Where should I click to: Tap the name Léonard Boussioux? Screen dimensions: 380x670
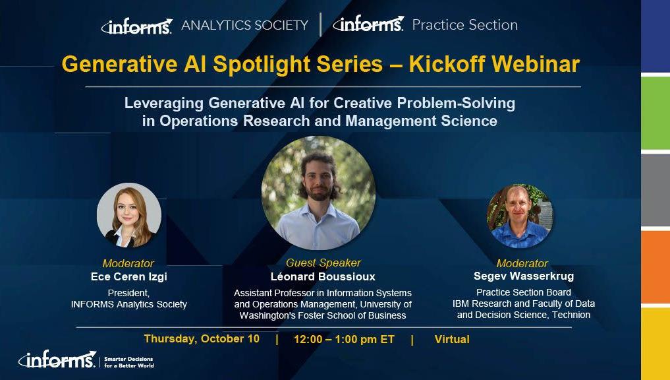point(322,276)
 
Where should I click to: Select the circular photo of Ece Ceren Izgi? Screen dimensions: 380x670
point(129,215)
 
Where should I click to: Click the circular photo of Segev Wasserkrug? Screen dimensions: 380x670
point(520,216)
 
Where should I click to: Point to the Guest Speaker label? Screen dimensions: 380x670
point(323,263)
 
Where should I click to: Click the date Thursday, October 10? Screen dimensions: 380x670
point(202,339)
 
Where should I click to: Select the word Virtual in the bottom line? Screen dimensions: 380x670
point(452,339)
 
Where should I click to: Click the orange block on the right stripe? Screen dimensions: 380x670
point(656,267)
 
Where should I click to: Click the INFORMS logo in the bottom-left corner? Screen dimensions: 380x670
point(57,360)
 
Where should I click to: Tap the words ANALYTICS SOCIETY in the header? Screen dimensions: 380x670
point(244,25)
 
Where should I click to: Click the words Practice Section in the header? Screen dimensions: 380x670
point(464,25)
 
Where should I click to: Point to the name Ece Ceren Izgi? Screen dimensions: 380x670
point(129,276)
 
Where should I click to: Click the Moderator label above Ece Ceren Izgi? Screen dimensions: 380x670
point(128,263)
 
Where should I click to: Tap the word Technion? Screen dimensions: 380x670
point(571,315)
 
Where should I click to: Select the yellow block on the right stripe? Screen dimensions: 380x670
point(656,343)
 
